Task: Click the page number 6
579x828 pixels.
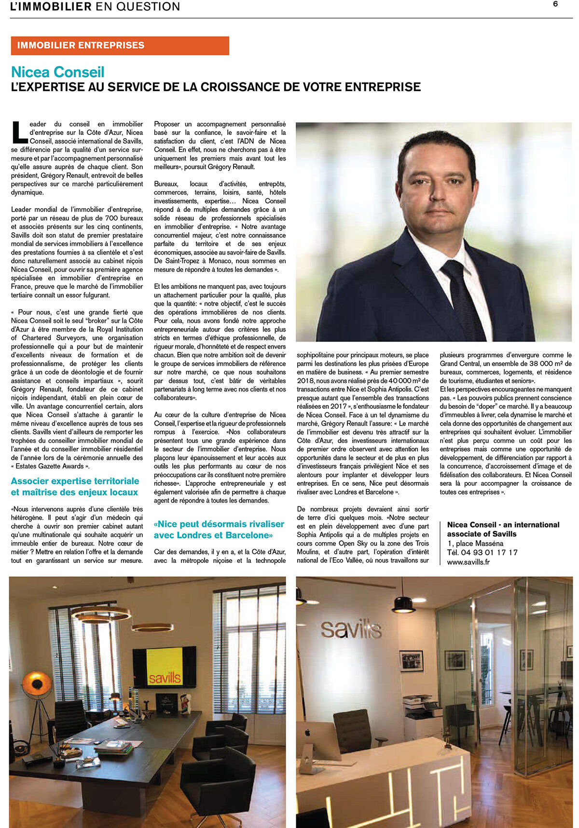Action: point(555,4)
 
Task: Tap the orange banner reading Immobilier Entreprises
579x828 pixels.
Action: point(120,45)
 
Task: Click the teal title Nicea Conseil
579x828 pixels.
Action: point(58,72)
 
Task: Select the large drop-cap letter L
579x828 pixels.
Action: point(19,132)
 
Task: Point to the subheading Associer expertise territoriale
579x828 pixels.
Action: point(75,481)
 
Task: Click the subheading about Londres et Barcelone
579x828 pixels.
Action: point(219,529)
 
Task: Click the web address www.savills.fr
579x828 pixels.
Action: point(468,561)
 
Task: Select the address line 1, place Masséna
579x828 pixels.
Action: point(475,543)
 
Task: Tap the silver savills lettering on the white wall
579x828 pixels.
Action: point(351,629)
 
